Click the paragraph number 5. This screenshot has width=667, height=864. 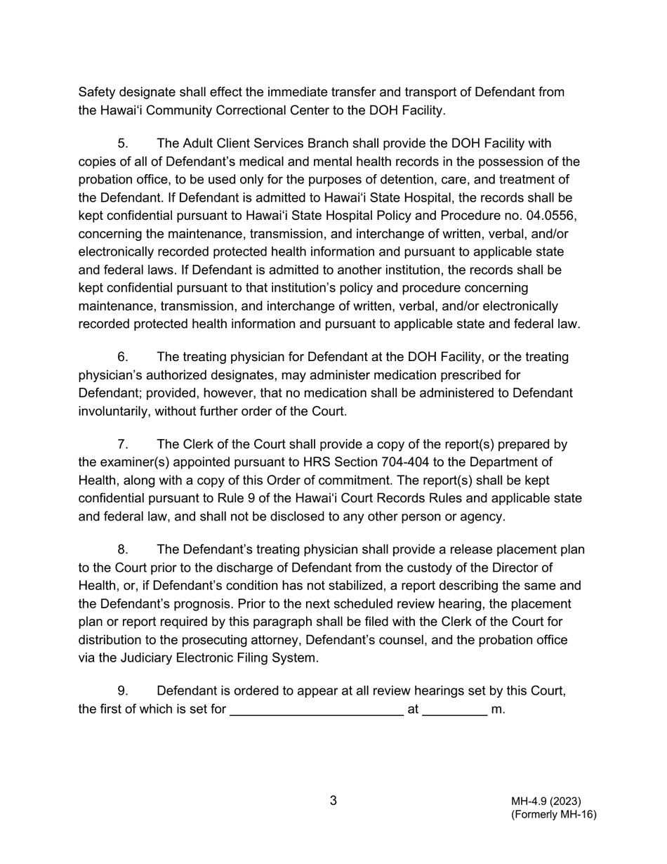pyautogui.click(x=123, y=144)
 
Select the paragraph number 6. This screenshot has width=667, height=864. pyautogui.click(x=123, y=358)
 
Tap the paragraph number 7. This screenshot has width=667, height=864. pyautogui.click(x=123, y=445)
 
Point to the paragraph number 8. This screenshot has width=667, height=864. pyautogui.click(x=123, y=550)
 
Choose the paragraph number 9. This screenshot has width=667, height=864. pyautogui.click(x=123, y=691)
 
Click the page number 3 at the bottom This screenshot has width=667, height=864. pyautogui.click(x=333, y=801)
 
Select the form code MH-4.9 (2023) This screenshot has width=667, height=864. pyautogui.click(x=546, y=801)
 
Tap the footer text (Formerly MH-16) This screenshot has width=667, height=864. pyautogui.click(x=553, y=815)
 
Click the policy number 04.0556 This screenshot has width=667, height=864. pyautogui.click(x=551, y=216)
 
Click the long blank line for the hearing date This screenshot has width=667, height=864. pyautogui.click(x=317, y=711)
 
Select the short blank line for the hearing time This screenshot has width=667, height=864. pyautogui.click(x=455, y=711)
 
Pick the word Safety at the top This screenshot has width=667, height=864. pyautogui.click(x=98, y=93)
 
